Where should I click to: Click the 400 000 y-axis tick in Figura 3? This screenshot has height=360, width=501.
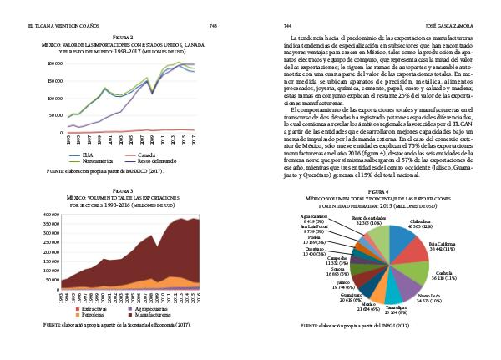pyautogui.click(x=55, y=215)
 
